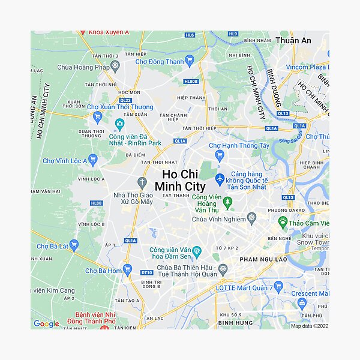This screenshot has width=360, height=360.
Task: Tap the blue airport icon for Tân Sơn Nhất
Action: (220, 179)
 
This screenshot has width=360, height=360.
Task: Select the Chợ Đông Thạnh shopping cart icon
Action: (190, 60)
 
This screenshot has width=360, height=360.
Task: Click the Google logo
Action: (46, 324)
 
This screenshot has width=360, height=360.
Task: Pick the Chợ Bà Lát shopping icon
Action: (74, 245)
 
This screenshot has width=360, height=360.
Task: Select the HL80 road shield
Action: (97, 203)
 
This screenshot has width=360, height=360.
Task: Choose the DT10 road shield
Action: (146, 272)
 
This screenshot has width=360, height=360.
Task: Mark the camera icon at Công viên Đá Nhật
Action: (119, 124)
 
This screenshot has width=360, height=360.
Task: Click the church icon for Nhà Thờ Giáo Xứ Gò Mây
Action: (142, 182)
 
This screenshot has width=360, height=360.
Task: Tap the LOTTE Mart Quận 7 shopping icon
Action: (279, 287)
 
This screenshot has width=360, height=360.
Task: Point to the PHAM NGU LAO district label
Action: (263, 259)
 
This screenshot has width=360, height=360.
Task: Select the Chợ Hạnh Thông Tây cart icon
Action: (219, 156)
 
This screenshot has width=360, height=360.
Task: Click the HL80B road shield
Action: (191, 82)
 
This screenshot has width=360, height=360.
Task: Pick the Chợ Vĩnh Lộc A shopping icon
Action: (92, 160)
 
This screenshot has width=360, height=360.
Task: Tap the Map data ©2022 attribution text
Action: (310, 326)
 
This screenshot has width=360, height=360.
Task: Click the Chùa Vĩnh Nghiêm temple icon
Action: (251, 218)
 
